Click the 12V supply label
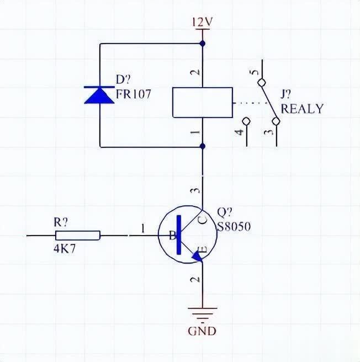[202, 23]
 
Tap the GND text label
[202, 331]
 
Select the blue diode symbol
[100, 94]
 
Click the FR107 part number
[133, 94]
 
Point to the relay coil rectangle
[202, 102]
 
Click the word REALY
[301, 109]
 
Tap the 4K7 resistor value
[65, 249]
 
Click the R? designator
[61, 222]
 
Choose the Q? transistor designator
[225, 212]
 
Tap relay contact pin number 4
[239, 133]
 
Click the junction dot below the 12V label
[202, 42]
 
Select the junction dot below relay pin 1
[202, 146]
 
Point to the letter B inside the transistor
[172, 236]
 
